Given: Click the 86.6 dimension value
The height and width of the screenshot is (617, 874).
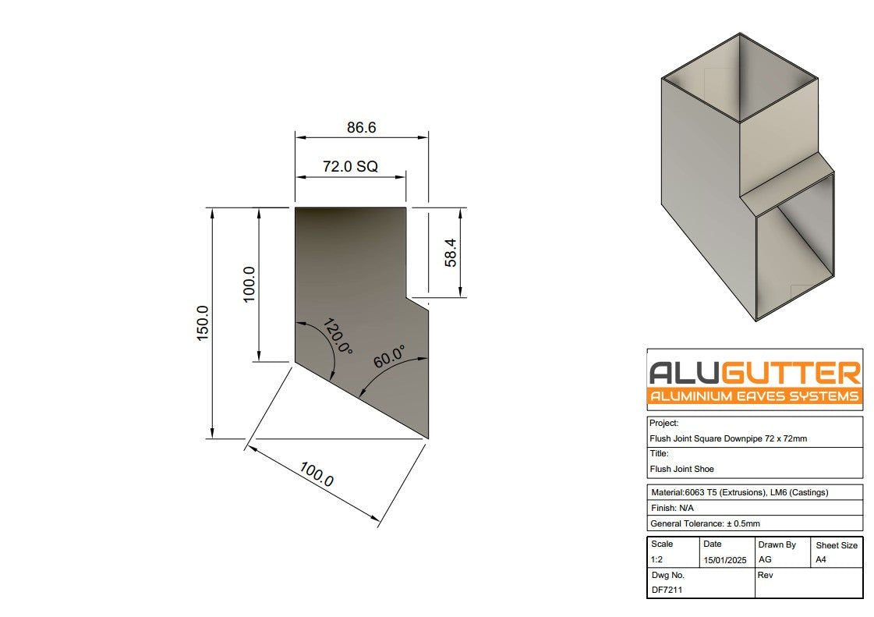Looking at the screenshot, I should (361, 127).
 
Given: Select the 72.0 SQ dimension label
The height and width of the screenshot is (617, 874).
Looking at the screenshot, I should (350, 167).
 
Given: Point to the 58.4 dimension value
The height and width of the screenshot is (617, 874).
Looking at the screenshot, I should (451, 253).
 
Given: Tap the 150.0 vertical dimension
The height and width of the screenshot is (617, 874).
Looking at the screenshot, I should (203, 322).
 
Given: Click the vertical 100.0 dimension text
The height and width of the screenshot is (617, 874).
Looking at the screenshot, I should (249, 285).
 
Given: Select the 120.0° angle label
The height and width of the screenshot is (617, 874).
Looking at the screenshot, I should (337, 337).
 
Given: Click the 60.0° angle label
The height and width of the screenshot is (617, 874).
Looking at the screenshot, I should (390, 356).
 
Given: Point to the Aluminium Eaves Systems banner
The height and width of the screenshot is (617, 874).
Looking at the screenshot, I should (755, 396).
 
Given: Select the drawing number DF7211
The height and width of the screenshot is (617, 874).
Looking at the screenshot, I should (667, 590).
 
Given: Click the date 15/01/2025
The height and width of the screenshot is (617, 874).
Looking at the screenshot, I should (724, 560).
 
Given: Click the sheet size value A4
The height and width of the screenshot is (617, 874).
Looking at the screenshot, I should (822, 560).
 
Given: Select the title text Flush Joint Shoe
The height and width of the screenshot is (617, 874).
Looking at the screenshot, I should (681, 469).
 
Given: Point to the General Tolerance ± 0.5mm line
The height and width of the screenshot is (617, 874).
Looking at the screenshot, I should (705, 523).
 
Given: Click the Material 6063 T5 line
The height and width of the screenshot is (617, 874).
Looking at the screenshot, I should (738, 492).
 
